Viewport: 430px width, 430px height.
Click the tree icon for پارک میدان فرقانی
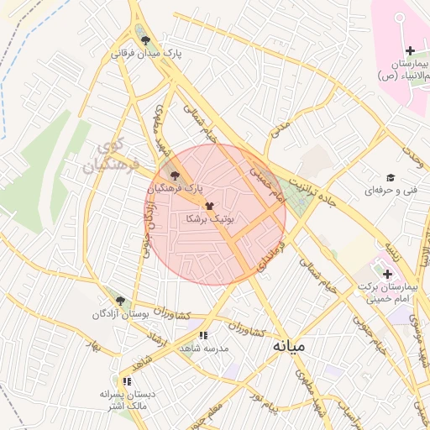[146, 39]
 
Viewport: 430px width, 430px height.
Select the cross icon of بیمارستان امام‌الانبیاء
[409, 50]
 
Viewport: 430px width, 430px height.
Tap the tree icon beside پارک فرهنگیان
[175, 176]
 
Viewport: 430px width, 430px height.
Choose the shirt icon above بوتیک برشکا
[209, 205]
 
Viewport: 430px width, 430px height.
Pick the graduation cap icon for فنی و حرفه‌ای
[390, 177]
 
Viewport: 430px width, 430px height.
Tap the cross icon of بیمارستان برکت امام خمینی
[387, 275]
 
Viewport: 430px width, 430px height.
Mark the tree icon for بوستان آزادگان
[120, 301]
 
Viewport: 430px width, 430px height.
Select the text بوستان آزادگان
[123, 314]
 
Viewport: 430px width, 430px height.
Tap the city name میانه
[288, 344]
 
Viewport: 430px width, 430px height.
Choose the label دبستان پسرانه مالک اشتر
[123, 400]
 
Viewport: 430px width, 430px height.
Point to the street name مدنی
[280, 128]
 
